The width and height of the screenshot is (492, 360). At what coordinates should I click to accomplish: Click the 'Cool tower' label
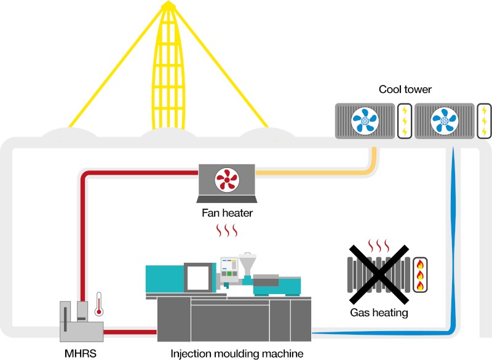(405, 89)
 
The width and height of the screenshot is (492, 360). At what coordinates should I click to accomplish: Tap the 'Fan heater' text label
(227, 213)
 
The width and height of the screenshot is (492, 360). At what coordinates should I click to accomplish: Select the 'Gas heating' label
(379, 313)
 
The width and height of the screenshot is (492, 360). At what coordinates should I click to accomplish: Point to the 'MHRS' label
(81, 353)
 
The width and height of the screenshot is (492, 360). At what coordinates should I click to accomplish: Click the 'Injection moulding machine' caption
(237, 354)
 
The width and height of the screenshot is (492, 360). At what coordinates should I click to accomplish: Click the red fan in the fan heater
(227, 180)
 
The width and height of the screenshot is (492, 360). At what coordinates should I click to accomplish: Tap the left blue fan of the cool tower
(365, 121)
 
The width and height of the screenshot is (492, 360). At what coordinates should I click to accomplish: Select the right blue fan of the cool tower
(444, 121)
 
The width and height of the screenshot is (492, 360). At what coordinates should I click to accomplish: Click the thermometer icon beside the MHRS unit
(99, 304)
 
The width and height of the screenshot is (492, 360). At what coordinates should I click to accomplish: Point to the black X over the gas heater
(379, 274)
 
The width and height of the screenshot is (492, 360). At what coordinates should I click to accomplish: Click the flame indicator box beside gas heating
(420, 275)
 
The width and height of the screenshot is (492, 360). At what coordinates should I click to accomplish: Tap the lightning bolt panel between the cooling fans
(405, 121)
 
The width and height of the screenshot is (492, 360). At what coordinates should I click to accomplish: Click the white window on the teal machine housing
(197, 278)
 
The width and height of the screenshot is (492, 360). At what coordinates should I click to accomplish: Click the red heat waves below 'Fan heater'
(227, 231)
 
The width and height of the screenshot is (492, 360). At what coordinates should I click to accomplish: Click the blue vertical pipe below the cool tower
(453, 239)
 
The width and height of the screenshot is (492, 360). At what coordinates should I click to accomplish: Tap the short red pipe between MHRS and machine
(130, 332)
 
